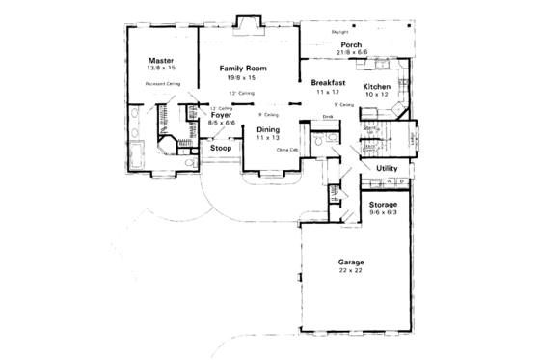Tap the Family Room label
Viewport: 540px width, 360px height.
(x=242, y=69)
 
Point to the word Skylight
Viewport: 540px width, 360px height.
(x=339, y=32)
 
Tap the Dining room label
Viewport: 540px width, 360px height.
(x=267, y=129)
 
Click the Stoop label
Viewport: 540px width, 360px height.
(x=222, y=149)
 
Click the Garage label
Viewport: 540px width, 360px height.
(x=349, y=261)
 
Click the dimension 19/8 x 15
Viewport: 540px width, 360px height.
(x=242, y=78)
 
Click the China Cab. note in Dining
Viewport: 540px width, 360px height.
(x=286, y=151)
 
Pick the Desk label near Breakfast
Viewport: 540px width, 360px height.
(x=328, y=116)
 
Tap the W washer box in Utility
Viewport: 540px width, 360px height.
(x=391, y=180)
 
